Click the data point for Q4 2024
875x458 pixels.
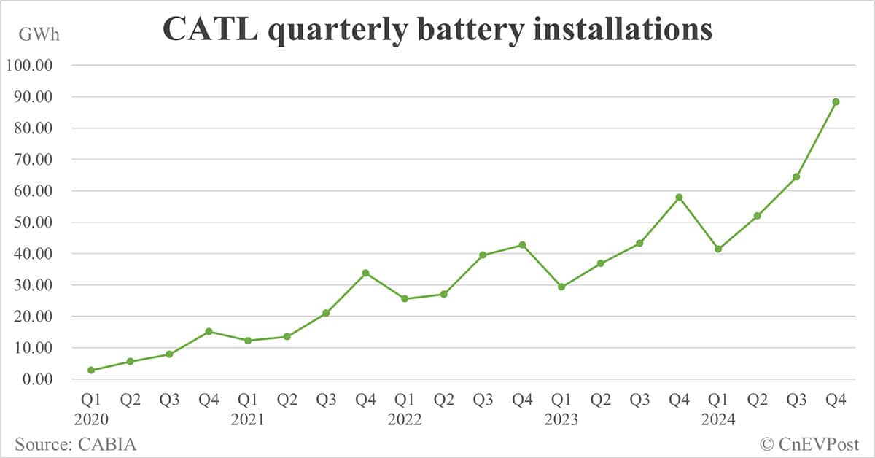point(836,101)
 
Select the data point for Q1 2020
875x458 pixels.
point(91,370)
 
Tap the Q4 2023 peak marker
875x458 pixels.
point(679,197)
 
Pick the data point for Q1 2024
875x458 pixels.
point(718,249)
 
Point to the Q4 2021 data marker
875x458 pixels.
point(365,273)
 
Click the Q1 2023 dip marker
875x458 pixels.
point(561,287)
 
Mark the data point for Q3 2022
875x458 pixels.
point(483,255)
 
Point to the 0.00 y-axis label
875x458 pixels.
point(36,380)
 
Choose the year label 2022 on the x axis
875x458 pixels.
point(405,420)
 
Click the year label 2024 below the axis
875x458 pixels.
point(718,420)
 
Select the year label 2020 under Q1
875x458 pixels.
point(91,420)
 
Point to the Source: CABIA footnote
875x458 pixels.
point(76,443)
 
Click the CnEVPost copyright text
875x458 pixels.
point(809,443)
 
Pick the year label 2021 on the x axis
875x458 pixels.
point(248,420)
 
